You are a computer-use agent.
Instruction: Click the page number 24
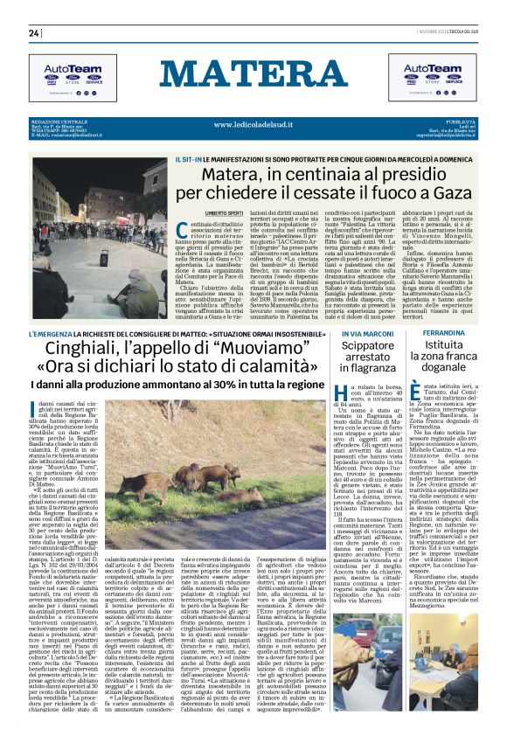(x=34, y=33)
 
